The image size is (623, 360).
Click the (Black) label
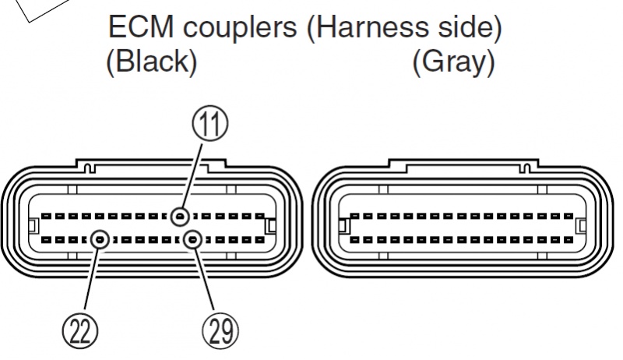[152, 63]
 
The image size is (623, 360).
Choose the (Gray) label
[453, 63]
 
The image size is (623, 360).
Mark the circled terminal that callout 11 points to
[181, 217]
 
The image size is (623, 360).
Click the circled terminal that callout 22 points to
[100, 239]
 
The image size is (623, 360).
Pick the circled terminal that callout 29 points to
[192, 239]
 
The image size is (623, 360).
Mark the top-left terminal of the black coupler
[46, 217]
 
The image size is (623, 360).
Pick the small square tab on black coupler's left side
[32, 227]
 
